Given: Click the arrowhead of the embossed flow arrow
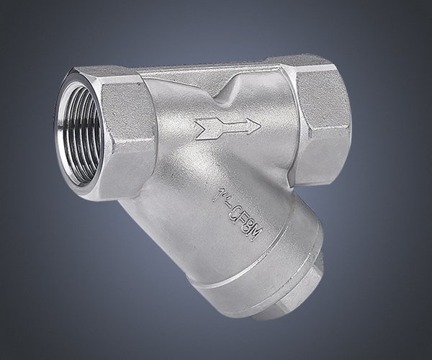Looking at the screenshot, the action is [x=253, y=127].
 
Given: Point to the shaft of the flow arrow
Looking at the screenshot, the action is [x=231, y=127].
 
